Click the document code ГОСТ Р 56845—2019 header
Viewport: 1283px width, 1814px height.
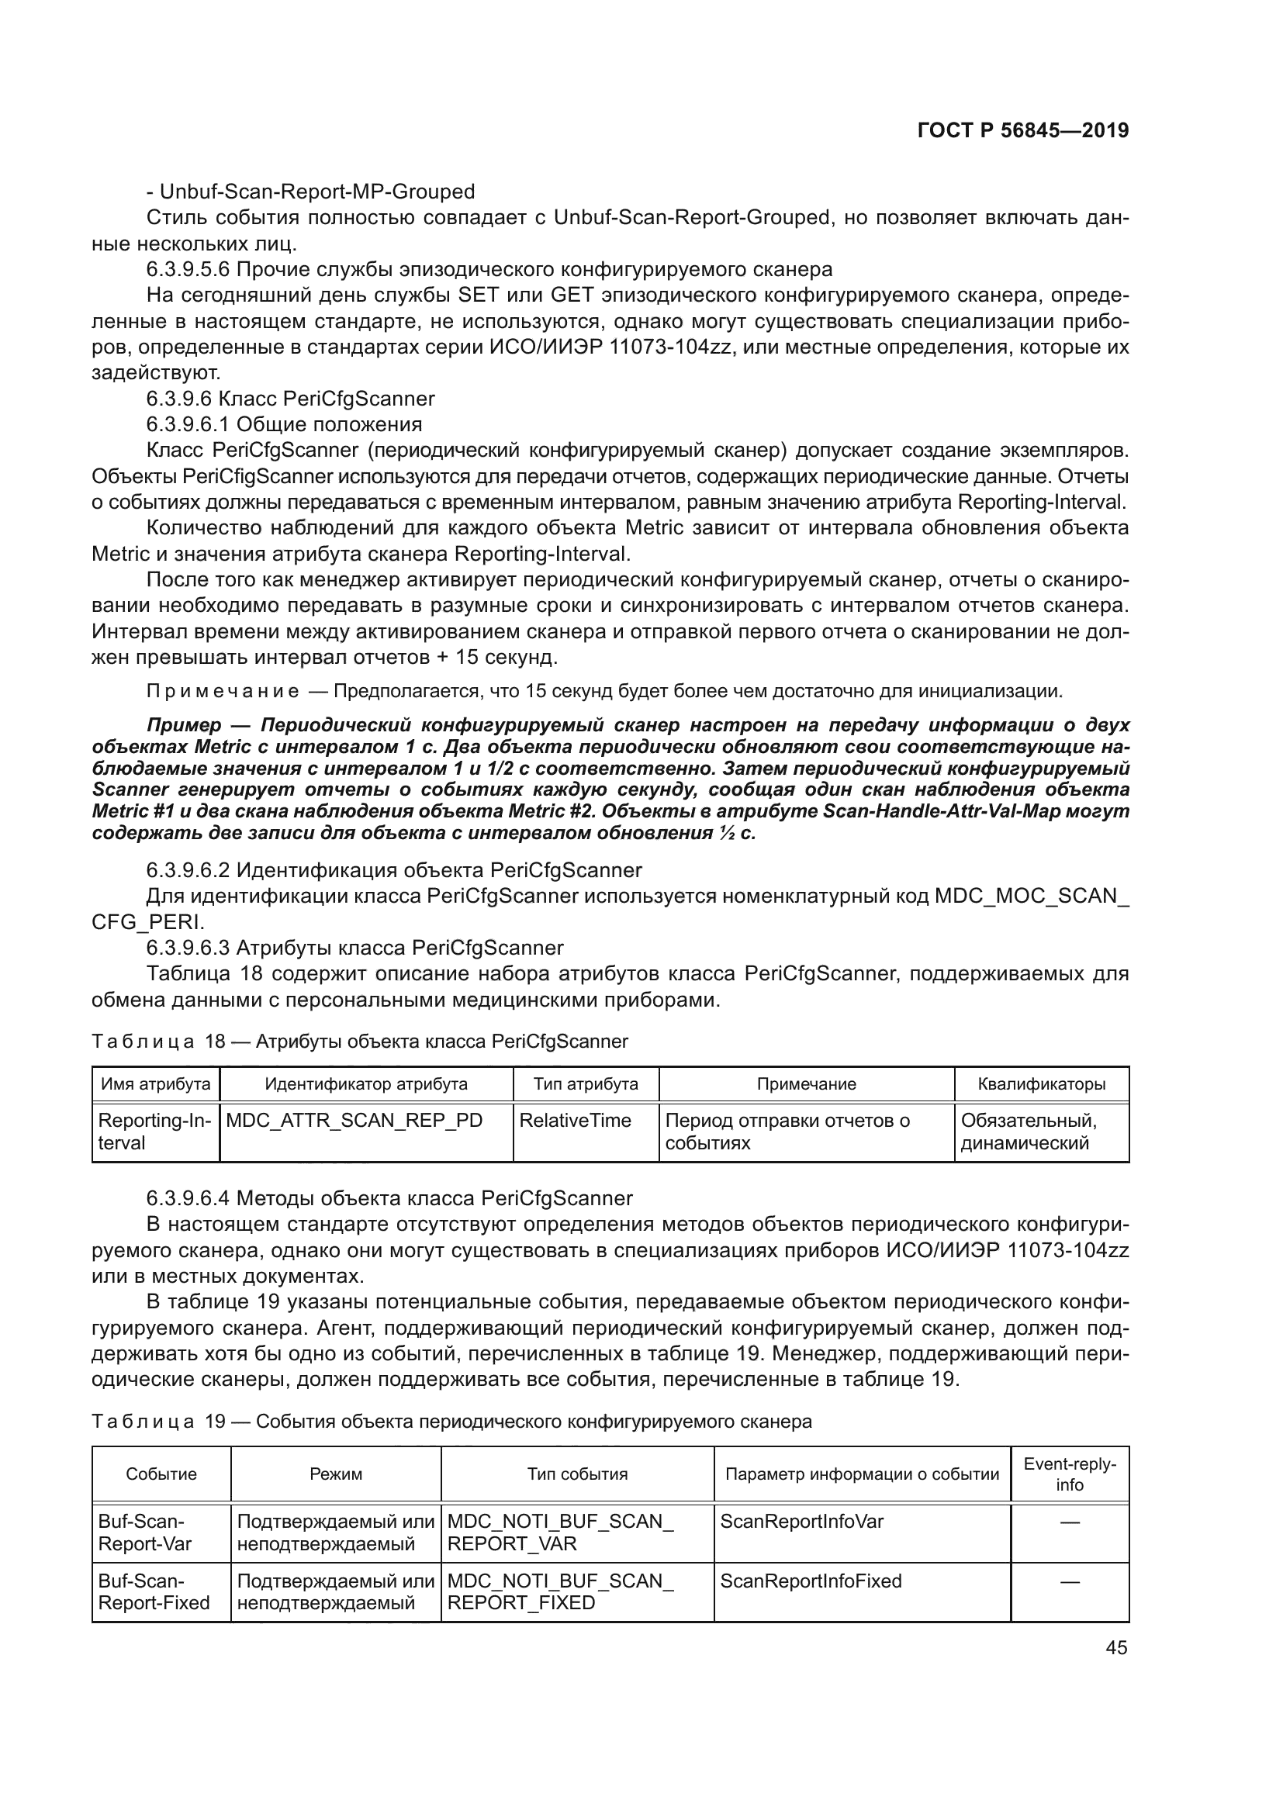click(1022, 130)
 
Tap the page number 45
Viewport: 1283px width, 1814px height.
click(1116, 1647)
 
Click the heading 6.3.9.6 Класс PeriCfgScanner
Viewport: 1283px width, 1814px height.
click(290, 398)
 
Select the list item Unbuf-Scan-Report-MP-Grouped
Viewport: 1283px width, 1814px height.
click(310, 192)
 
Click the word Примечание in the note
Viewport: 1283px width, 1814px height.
click(223, 691)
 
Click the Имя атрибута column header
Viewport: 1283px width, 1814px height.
click(156, 1084)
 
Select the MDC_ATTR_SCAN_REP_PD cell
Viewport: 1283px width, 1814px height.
click(354, 1121)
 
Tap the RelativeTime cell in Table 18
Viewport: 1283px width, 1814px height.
click(575, 1121)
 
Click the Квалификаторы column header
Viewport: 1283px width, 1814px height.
click(1041, 1084)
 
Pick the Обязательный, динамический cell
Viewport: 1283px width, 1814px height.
click(1029, 1132)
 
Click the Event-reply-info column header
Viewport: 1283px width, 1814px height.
click(1070, 1474)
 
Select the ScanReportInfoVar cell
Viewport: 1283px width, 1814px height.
click(801, 1522)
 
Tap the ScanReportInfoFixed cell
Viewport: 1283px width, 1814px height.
click(811, 1581)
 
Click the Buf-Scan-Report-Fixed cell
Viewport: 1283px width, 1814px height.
click(154, 1591)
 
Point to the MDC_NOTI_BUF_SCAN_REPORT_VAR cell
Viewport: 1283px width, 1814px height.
click(559, 1532)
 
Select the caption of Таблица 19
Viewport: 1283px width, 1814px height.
click(451, 1422)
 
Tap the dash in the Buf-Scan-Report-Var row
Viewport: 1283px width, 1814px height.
click(1070, 1522)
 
